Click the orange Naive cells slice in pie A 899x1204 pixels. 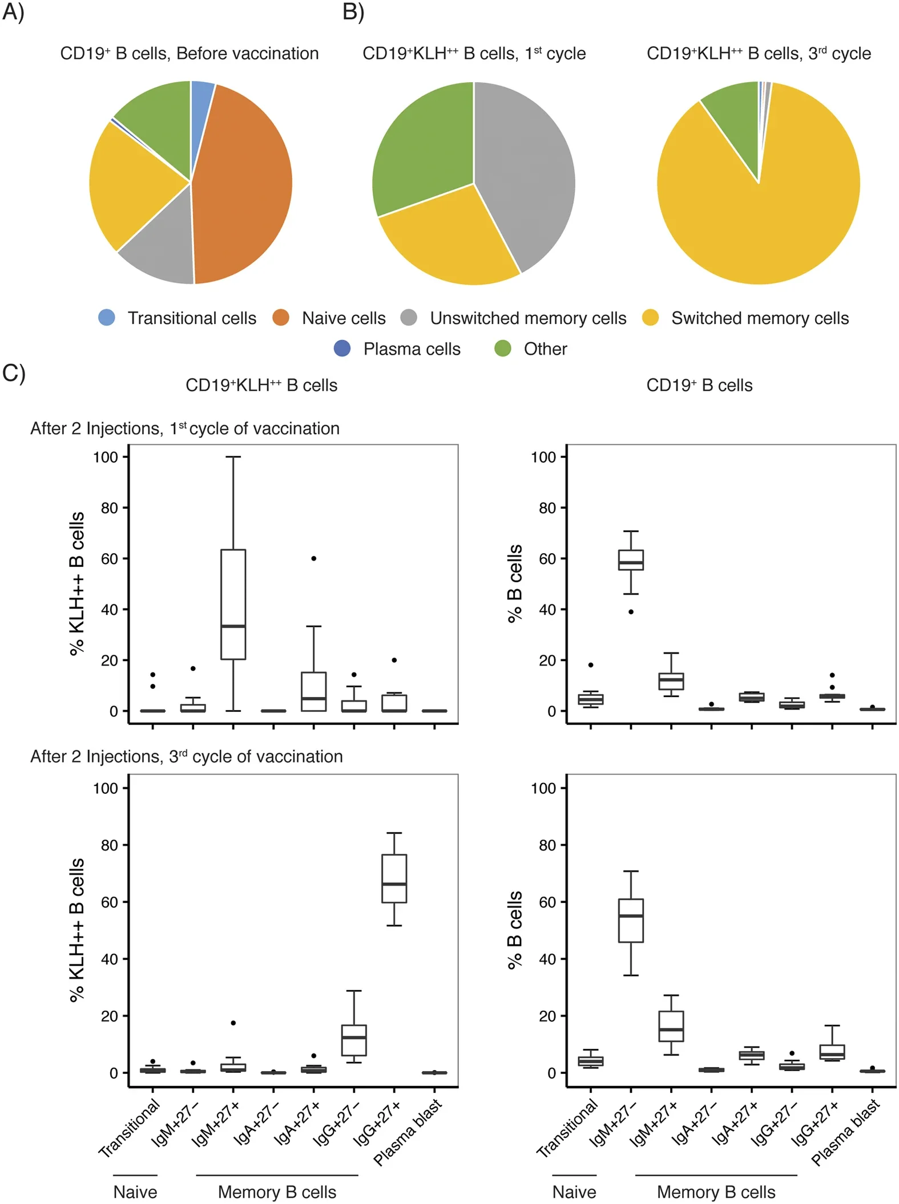click(245, 183)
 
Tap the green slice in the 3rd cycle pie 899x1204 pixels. click(733, 114)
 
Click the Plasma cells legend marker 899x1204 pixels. click(342, 348)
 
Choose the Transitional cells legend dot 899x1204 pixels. click(107, 318)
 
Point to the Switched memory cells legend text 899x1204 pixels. click(760, 318)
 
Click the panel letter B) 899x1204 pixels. click(353, 13)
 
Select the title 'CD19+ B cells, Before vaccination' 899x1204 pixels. click(190, 54)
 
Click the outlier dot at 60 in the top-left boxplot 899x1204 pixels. click(314, 558)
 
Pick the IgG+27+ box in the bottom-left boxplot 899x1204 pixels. click(394, 878)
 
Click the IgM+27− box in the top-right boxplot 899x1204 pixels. click(631, 560)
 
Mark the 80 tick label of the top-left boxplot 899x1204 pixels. click(110, 508)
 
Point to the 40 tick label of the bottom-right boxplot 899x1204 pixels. click(547, 959)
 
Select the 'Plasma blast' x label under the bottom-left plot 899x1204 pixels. click(408, 1132)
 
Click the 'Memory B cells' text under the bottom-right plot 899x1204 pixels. click(716, 1192)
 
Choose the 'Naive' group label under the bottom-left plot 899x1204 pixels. click(135, 1192)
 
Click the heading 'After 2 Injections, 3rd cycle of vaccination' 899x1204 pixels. click(187, 757)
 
